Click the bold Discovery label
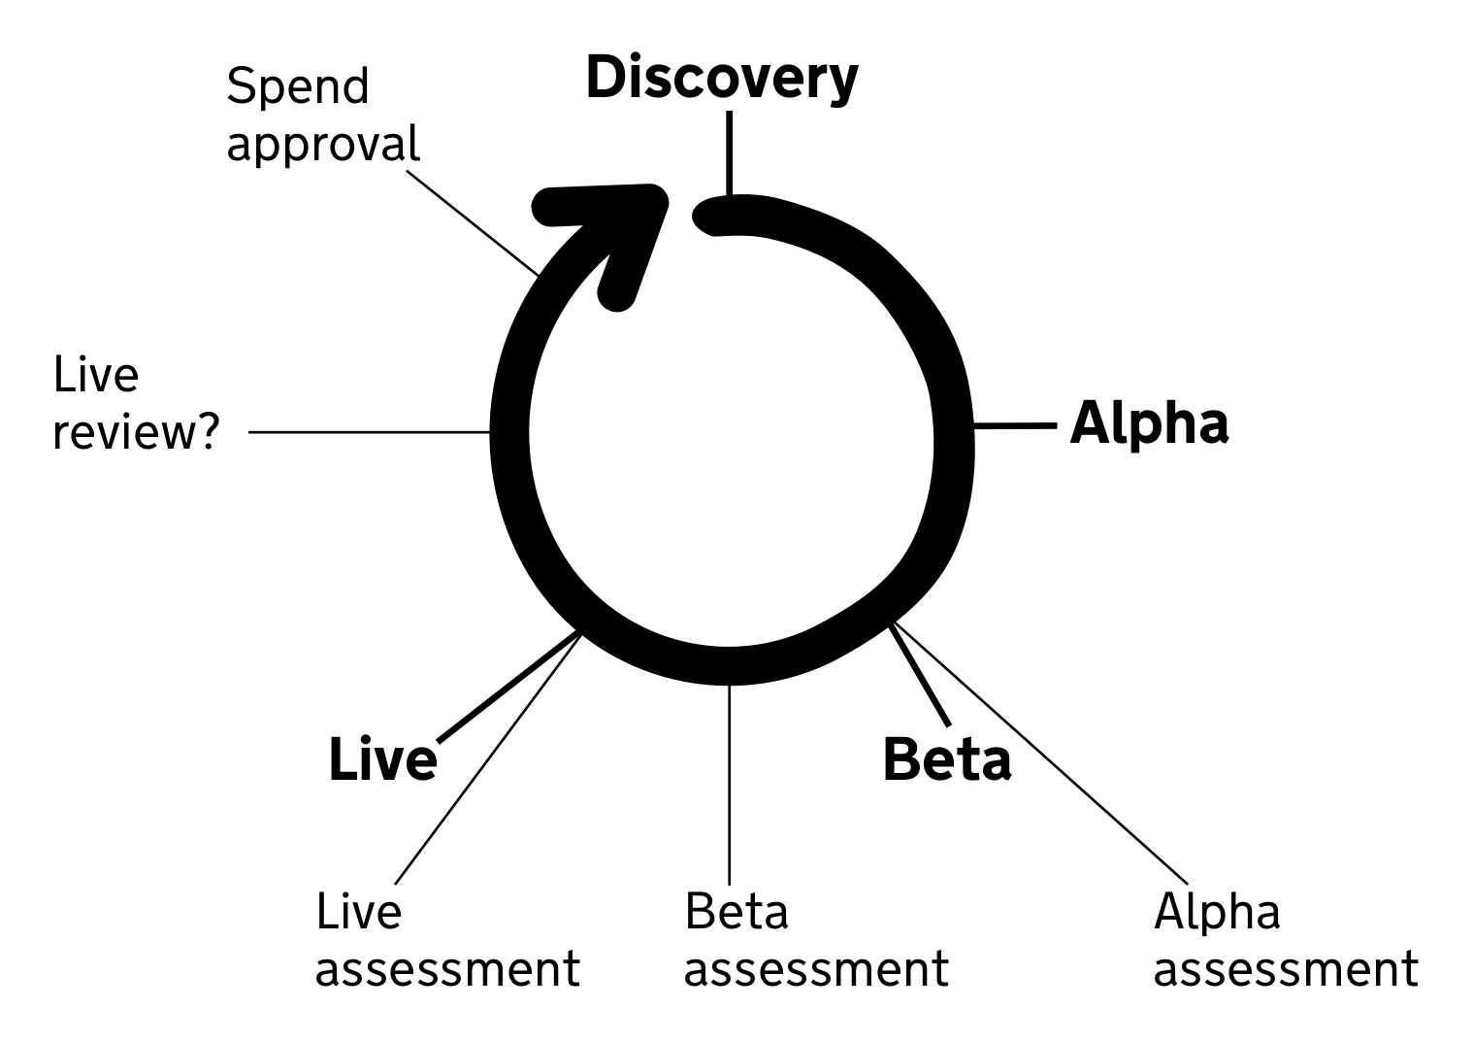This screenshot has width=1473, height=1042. click(x=721, y=78)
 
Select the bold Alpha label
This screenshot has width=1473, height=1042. click(x=1149, y=424)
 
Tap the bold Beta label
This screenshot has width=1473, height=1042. click(x=946, y=759)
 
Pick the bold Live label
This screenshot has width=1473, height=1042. click(x=382, y=759)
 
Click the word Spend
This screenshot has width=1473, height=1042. click(x=298, y=87)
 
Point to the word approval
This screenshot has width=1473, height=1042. click(x=322, y=144)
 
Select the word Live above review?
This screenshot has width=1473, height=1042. click(x=96, y=375)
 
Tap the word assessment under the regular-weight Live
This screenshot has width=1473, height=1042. click(x=447, y=968)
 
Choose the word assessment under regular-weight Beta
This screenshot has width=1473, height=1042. click(x=816, y=968)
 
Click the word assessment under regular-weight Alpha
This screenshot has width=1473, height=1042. click(x=1286, y=968)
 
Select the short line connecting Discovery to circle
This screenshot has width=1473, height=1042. click(x=729, y=152)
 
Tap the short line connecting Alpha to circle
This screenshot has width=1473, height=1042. click(x=1014, y=425)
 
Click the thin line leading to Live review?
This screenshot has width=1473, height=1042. click(x=369, y=432)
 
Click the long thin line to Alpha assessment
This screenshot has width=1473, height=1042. click(x=1038, y=754)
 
